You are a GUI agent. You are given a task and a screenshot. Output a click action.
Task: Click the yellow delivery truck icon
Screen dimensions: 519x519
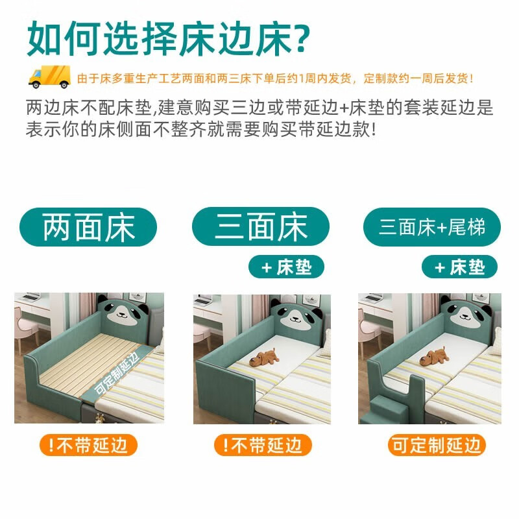(x=49, y=77)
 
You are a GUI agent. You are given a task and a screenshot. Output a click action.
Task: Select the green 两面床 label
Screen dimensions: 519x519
(x=88, y=227)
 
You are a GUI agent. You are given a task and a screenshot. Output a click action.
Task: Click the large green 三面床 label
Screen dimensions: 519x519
(x=261, y=226)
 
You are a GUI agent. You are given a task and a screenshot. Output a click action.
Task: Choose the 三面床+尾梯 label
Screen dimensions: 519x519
(x=432, y=227)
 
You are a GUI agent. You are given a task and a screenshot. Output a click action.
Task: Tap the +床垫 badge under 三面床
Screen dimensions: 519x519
(x=286, y=267)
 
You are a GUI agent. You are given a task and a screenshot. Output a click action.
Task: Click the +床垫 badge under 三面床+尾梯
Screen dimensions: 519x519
(x=459, y=267)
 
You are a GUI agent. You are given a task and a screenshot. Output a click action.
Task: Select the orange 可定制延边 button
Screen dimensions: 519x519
(x=437, y=445)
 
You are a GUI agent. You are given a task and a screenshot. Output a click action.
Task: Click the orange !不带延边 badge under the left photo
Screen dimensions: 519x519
(x=88, y=445)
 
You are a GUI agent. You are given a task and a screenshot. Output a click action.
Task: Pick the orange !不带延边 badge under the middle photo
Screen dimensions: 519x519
(x=263, y=445)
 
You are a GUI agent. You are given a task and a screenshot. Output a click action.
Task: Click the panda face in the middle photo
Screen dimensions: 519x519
(x=296, y=315)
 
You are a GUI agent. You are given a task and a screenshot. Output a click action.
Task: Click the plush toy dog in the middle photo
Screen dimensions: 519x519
(x=264, y=357)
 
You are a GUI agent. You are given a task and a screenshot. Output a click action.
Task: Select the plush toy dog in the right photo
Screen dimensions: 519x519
(x=434, y=357)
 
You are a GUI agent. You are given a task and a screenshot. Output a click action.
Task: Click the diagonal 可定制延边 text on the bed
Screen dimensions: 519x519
(x=116, y=374)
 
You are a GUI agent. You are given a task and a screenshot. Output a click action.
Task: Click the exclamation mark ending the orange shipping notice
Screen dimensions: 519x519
(x=472, y=78)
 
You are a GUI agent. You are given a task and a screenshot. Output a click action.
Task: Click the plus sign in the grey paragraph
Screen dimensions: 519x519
(x=344, y=108)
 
